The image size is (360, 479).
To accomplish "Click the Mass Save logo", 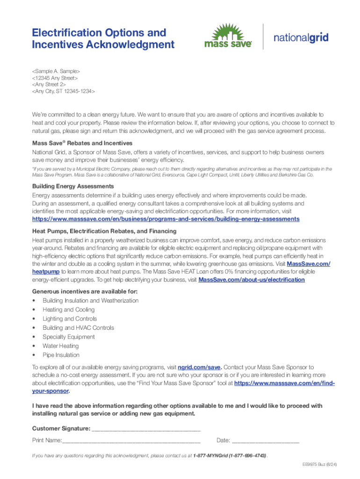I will pyautogui.click(x=228, y=36).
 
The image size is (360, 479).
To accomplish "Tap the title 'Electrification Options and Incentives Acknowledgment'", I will pyautogui.click(x=103, y=39).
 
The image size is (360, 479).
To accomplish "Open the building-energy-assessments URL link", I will pyautogui.click(x=166, y=219).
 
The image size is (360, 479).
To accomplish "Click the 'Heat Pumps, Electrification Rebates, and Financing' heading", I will pyautogui.click(x=104, y=231).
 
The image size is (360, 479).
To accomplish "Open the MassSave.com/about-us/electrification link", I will pyautogui.click(x=252, y=280).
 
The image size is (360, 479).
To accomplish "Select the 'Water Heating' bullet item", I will pyautogui.click(x=61, y=346).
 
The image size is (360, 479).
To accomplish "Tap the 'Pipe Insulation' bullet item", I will pyautogui.click(x=61, y=355).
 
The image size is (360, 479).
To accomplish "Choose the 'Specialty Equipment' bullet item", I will pyautogui.click(x=69, y=337).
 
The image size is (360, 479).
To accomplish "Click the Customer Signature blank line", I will pyautogui.click(x=146, y=429).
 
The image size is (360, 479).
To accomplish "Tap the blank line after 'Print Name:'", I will pyautogui.click(x=131, y=441).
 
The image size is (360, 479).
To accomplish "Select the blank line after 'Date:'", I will pyautogui.click(x=265, y=441).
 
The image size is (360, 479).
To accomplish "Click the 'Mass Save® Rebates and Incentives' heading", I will pyautogui.click(x=82, y=143).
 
